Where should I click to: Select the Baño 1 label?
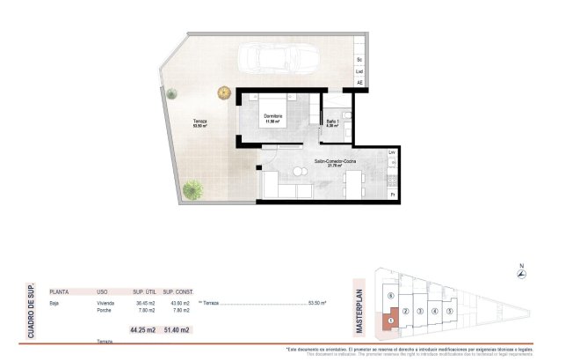click(x=332, y=121)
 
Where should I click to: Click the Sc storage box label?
click(x=359, y=59)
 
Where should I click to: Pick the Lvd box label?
click(x=359, y=71)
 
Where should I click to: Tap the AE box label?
click(x=359, y=84)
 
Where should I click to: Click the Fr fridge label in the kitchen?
click(x=392, y=194)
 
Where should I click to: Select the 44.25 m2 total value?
click(x=142, y=330)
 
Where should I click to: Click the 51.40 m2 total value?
click(x=177, y=330)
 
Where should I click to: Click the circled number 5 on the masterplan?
click(x=449, y=311)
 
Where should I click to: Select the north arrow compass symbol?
click(x=521, y=274)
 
